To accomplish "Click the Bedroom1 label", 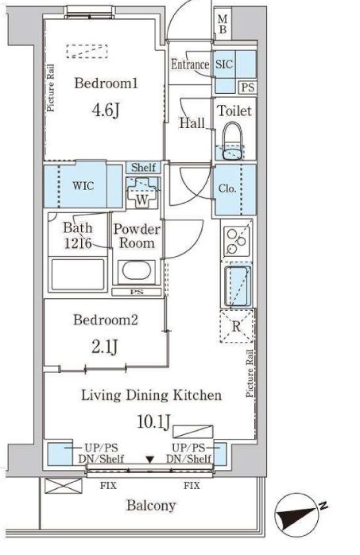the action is coord(106,83).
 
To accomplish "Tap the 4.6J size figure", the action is coord(106,110).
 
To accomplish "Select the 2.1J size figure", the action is coord(104,347).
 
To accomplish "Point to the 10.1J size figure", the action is coord(154,421).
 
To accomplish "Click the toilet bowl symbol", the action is coord(233,142).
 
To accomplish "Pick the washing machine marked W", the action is coord(142,193).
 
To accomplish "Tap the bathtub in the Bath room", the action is coord(78,274).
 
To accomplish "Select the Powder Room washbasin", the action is coord(137,271).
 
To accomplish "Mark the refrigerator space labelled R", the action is coord(236,326).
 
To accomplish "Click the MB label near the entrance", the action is coord(223,24).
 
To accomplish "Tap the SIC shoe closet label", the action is coord(224,64).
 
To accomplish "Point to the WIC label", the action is coord(83,185).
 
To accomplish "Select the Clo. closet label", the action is coord(227,188).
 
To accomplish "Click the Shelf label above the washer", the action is coord(143,167).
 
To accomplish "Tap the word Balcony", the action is coord(151,506).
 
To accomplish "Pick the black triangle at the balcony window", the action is coord(150,460).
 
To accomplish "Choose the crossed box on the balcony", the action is coord(64,486).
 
